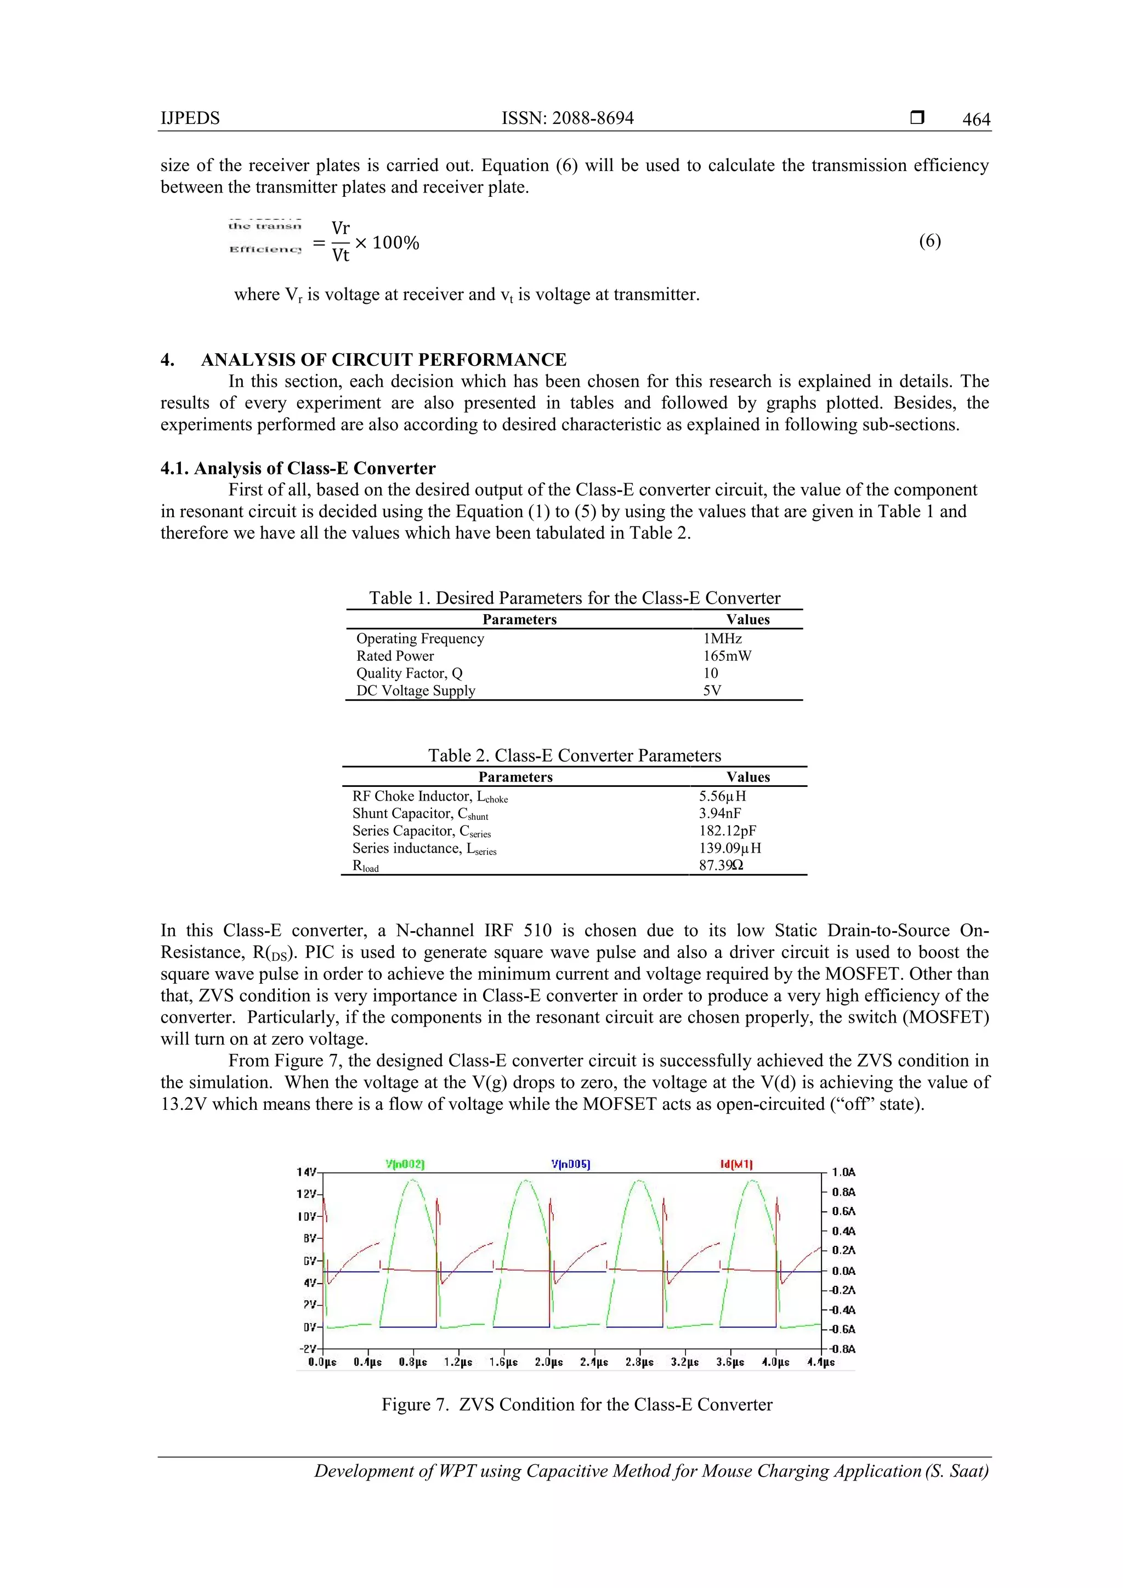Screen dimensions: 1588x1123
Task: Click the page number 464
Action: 975,120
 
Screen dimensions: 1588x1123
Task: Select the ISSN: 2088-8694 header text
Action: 567,118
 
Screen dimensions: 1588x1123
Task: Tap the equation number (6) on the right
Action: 929,241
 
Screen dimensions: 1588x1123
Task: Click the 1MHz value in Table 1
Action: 722,638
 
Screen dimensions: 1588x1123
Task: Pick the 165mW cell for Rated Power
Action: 727,656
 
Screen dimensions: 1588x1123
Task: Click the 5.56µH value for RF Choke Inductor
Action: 722,796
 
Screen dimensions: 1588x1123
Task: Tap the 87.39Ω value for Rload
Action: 721,865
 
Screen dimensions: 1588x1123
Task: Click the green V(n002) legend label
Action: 405,1164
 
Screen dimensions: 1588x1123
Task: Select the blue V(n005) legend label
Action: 570,1164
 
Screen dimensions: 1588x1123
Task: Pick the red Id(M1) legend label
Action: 736,1164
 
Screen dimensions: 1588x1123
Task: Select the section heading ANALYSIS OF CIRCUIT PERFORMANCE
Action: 383,360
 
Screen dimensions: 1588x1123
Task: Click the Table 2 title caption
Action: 574,755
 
